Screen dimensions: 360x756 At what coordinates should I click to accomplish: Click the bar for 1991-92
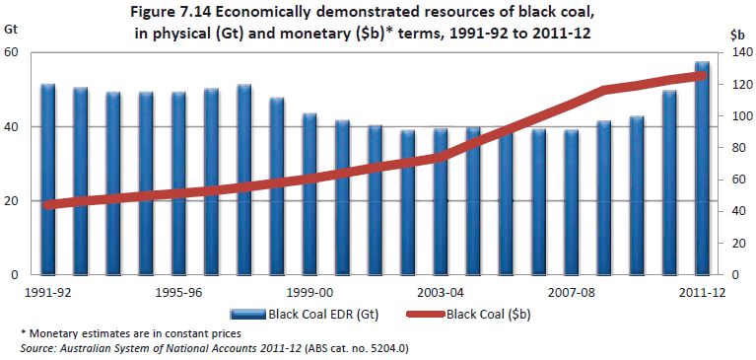pyautogui.click(x=47, y=179)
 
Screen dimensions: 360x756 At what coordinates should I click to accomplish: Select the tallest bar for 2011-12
pyautogui.click(x=702, y=168)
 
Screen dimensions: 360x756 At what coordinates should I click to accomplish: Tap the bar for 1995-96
pyautogui.click(x=178, y=182)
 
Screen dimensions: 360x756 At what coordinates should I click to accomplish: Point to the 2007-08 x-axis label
pyautogui.click(x=571, y=293)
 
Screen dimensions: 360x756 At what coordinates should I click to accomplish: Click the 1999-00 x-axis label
pyautogui.click(x=309, y=293)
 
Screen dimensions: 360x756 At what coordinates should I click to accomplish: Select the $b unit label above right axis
pyautogui.click(x=737, y=34)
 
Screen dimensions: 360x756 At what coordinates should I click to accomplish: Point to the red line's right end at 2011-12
pyautogui.click(x=702, y=75)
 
